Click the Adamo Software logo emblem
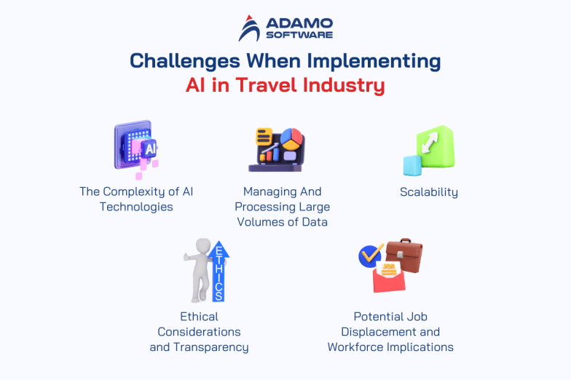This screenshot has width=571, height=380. (x=249, y=28)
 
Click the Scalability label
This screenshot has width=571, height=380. (x=429, y=192)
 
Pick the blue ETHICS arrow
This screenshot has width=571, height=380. (x=218, y=272)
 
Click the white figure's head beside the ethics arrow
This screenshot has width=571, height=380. (x=202, y=246)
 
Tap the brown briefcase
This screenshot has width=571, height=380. (x=403, y=256)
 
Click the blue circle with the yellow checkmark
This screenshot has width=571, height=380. (x=371, y=255)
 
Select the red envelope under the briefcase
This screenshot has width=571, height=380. (x=389, y=279)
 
